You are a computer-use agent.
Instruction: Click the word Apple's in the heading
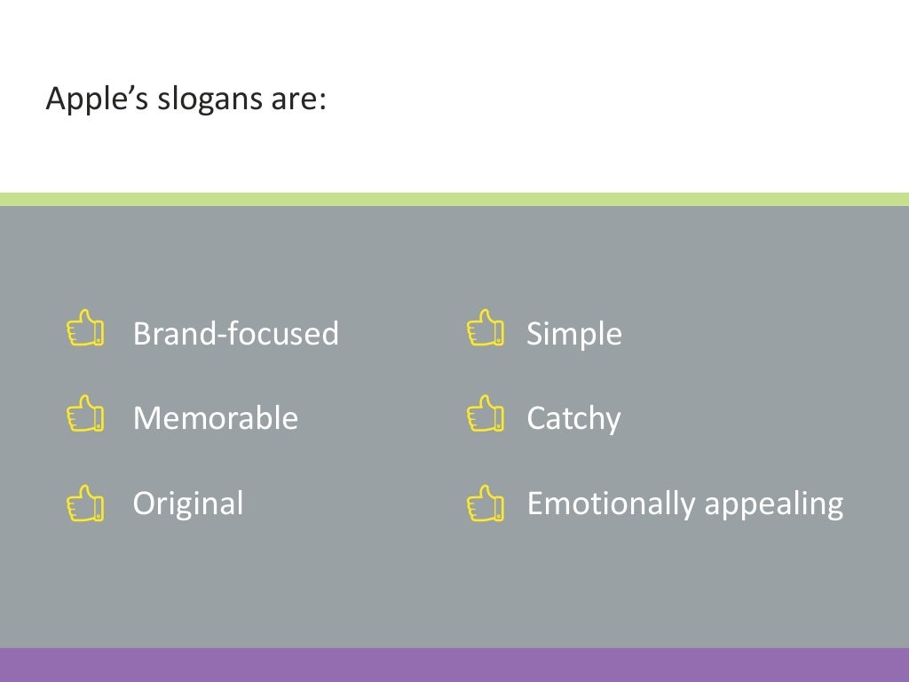[98, 99]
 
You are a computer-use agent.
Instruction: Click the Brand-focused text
[235, 334]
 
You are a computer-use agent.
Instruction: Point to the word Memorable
[215, 417]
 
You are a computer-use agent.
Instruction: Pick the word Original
[187, 504]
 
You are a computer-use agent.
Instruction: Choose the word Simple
[573, 334]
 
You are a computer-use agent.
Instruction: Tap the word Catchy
[573, 418]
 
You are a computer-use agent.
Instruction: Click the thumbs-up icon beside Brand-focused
[86, 328]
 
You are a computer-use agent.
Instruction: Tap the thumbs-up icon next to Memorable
[86, 414]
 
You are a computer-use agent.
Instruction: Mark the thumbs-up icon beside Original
[86, 503]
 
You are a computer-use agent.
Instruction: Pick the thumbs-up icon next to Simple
[486, 328]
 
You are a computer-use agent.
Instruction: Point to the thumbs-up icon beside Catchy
[486, 414]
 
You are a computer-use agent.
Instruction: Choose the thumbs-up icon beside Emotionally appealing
[486, 503]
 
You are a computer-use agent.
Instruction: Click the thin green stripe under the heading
[454, 199]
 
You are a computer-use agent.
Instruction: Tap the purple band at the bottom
[454, 665]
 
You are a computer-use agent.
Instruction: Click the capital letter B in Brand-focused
[142, 334]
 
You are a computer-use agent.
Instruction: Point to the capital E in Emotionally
[535, 504]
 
